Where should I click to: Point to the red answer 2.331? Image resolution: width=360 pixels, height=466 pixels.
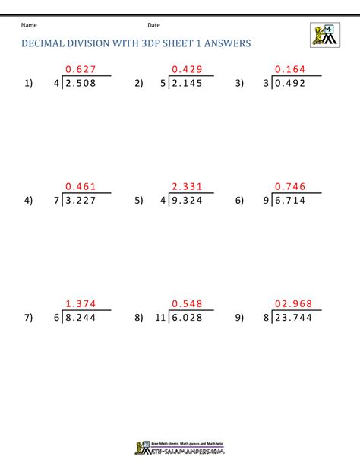pyautogui.click(x=188, y=187)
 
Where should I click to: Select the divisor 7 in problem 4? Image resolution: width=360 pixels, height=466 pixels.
pyautogui.click(x=56, y=201)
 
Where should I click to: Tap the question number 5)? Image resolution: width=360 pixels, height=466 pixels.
pyautogui.click(x=138, y=201)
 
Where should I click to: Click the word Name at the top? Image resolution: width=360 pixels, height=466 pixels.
pyautogui.click(x=29, y=25)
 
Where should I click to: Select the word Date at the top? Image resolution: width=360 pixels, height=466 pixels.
pyautogui.click(x=153, y=25)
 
